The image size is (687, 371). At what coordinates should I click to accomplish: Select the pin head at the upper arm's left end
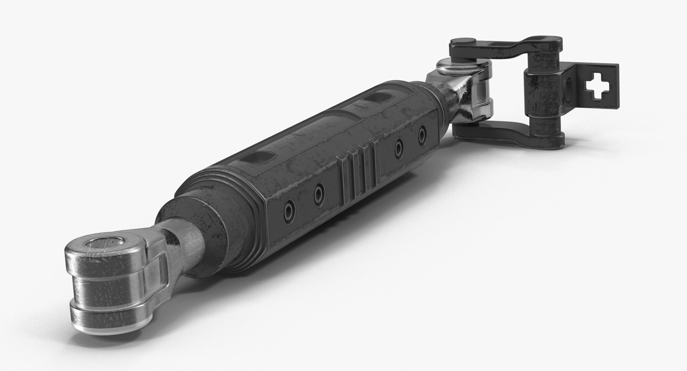(x=461, y=43)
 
